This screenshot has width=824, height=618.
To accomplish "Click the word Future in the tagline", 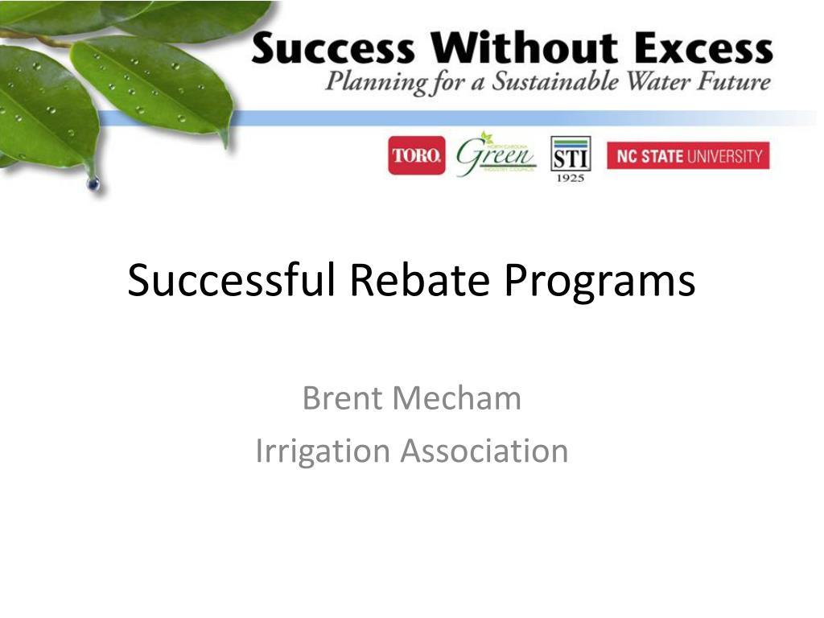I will click(736, 82).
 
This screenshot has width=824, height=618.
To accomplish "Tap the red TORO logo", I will click(416, 156).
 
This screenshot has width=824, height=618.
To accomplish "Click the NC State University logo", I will click(688, 156).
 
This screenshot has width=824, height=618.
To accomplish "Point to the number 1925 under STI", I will click(571, 177).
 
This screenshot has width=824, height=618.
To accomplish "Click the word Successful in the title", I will click(229, 281).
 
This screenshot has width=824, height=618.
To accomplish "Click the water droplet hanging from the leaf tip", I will click(93, 184).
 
